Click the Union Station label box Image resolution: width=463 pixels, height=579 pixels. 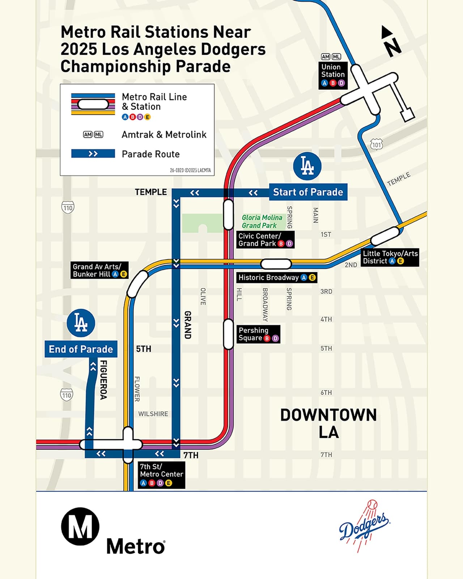[x=333, y=75]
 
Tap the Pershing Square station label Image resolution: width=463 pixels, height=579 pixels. [x=258, y=334]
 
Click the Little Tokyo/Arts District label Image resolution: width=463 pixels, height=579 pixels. [x=390, y=257]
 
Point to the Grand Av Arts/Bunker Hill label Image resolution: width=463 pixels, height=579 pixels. [x=99, y=270]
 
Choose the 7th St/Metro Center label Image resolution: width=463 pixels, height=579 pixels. [x=161, y=475]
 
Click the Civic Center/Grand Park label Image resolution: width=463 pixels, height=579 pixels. [x=265, y=240]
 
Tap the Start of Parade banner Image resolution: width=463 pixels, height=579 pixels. [x=308, y=192]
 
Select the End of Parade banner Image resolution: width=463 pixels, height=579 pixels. [x=81, y=349]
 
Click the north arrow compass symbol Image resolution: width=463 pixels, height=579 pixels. [x=391, y=42]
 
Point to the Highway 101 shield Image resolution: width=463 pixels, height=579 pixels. [x=377, y=145]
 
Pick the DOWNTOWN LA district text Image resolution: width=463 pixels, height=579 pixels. [x=328, y=423]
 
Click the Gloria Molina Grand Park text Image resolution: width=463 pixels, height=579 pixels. [x=262, y=221]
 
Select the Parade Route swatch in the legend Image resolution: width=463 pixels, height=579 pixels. [x=93, y=154]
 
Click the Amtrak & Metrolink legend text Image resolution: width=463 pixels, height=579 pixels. [x=164, y=135]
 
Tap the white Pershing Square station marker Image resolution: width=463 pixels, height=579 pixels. [x=228, y=334]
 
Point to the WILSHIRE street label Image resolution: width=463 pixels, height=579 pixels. [x=153, y=414]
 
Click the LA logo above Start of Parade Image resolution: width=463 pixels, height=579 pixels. [x=307, y=166]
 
